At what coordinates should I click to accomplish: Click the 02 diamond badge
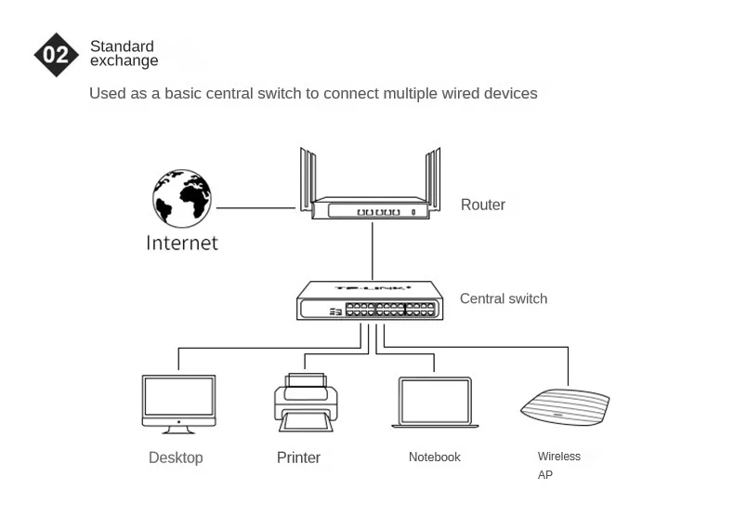pyautogui.click(x=56, y=54)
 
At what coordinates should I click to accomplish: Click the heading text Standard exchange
pyautogui.click(x=124, y=54)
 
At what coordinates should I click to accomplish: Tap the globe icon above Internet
pyautogui.click(x=182, y=198)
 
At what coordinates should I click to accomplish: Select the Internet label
pyautogui.click(x=182, y=244)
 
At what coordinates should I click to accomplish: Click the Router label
pyautogui.click(x=483, y=205)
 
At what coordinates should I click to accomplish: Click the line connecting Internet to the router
pyautogui.click(x=256, y=208)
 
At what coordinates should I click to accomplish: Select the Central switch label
pyautogui.click(x=504, y=299)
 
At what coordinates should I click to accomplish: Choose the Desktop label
pyautogui.click(x=176, y=457)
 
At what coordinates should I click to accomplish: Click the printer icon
pyautogui.click(x=306, y=402)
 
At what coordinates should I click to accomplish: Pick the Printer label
pyautogui.click(x=298, y=457)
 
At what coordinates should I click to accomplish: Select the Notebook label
pyautogui.click(x=435, y=457)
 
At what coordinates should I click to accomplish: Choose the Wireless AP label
pyautogui.click(x=558, y=465)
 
